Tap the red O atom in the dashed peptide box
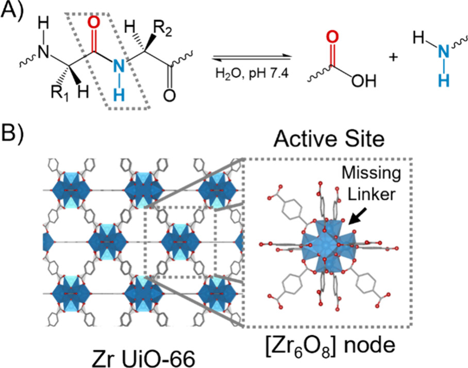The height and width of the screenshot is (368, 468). click(x=93, y=23)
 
